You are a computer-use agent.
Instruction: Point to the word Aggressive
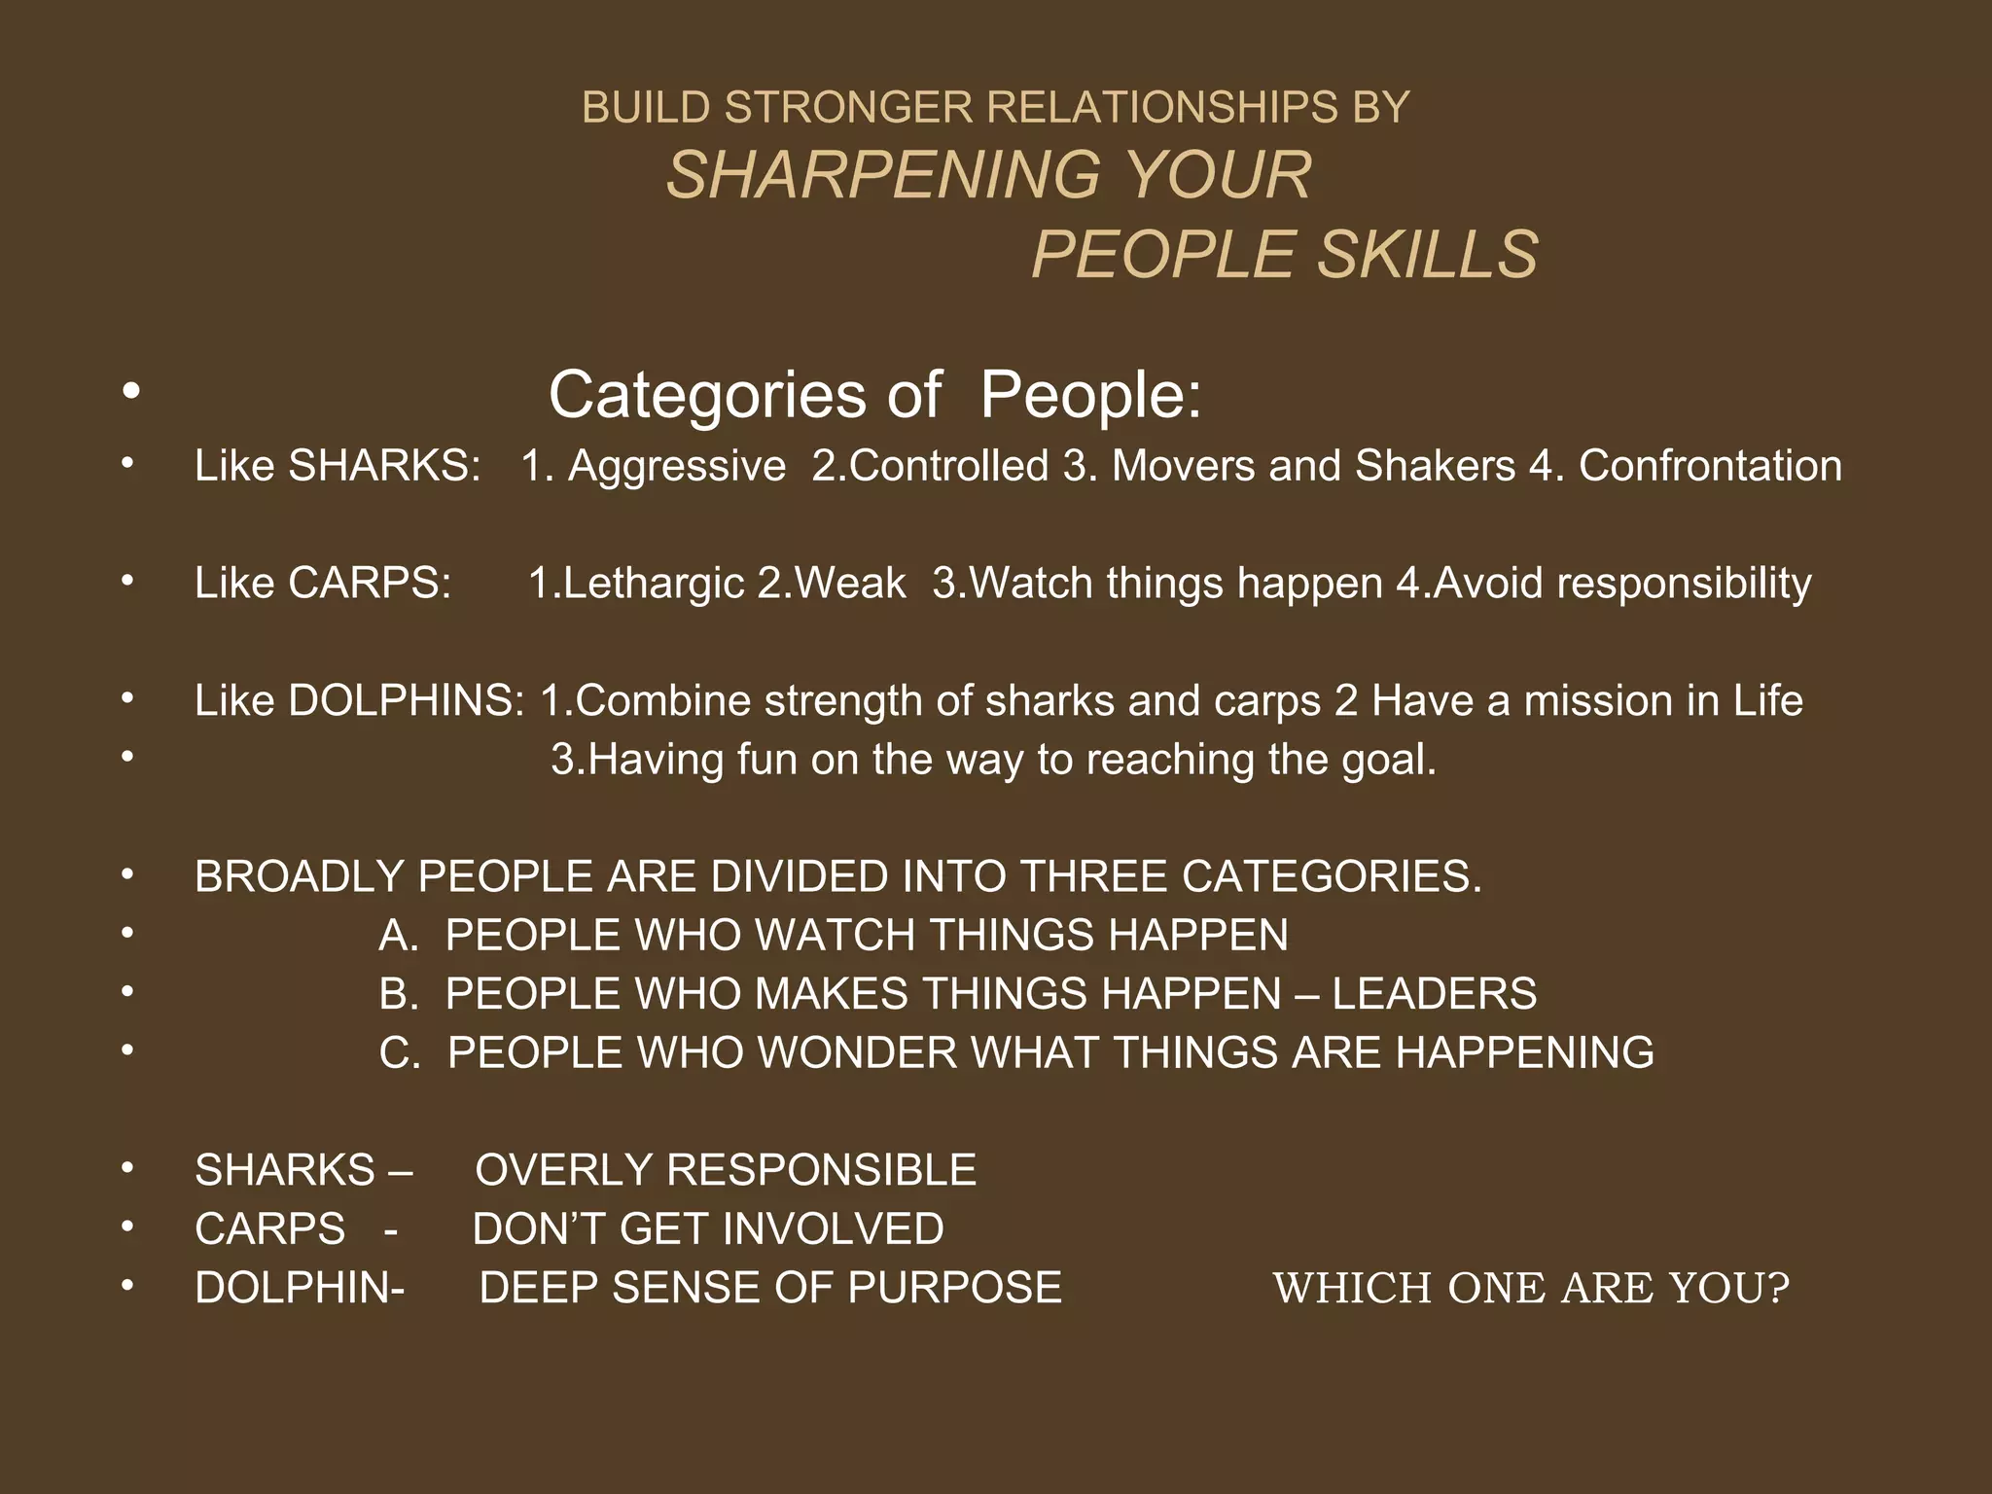pos(677,466)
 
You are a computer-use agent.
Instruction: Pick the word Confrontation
pos(1710,466)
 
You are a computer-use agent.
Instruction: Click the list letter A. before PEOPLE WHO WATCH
pos(398,936)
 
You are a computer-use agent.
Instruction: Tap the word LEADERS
pos(1435,994)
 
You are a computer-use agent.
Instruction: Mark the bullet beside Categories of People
pos(131,391)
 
